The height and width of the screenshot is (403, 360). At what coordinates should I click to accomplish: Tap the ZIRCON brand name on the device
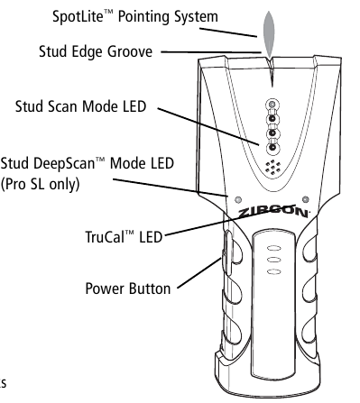click(274, 215)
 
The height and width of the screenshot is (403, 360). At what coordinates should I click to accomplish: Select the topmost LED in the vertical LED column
click(271, 105)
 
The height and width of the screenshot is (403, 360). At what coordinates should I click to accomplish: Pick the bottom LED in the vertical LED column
click(271, 150)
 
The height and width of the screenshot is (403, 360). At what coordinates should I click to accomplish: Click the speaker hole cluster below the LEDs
click(271, 167)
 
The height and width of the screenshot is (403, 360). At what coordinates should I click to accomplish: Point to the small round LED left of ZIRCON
click(237, 199)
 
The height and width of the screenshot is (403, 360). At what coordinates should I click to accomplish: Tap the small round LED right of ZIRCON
click(307, 199)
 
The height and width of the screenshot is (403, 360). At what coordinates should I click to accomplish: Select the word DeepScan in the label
click(69, 162)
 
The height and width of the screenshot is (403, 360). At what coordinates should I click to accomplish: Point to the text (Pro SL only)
click(42, 184)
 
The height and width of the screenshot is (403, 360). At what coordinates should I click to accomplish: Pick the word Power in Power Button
click(107, 289)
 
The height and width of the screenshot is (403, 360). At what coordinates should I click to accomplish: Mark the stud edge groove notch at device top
click(270, 59)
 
